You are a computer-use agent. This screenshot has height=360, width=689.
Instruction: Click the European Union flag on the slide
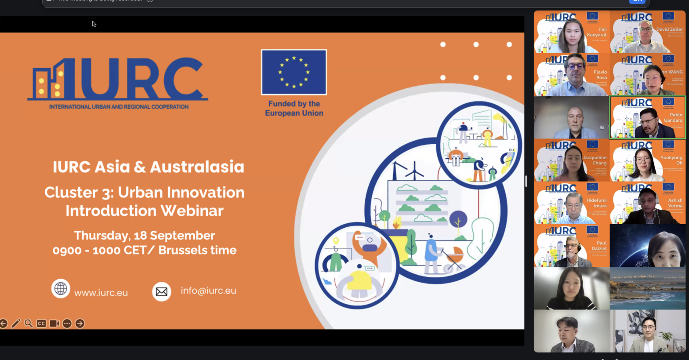(x=294, y=72)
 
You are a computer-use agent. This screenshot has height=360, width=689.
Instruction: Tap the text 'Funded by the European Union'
(x=294, y=109)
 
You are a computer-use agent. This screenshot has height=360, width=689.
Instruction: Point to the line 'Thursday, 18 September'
(x=144, y=236)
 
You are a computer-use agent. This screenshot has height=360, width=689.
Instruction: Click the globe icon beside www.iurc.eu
(x=61, y=289)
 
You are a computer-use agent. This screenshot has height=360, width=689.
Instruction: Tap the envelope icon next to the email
(x=161, y=291)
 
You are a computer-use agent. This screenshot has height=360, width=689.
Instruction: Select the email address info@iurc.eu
(x=208, y=291)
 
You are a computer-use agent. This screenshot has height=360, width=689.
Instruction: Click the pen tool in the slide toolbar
(x=16, y=324)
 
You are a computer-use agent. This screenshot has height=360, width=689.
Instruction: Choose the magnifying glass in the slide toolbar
(x=29, y=324)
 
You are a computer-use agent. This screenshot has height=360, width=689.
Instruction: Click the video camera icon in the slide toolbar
(x=54, y=324)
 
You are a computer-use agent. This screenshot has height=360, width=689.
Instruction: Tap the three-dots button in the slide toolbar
(x=67, y=324)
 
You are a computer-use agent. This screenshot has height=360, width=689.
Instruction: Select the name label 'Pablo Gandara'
(x=673, y=117)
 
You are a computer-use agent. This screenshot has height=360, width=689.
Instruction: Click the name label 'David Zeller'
(x=669, y=29)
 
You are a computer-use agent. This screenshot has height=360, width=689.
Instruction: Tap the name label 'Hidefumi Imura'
(x=596, y=203)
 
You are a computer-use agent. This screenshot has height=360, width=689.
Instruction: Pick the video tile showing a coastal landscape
(x=647, y=288)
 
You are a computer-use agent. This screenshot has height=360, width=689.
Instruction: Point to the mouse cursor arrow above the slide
(x=94, y=24)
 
